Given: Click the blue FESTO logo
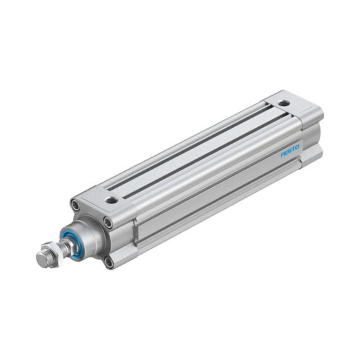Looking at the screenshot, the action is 290,151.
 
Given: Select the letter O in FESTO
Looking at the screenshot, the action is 297,147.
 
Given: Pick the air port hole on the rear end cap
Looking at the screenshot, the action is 284,103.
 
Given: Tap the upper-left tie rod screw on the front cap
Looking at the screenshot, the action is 76,205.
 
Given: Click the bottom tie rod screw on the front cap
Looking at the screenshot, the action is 108,262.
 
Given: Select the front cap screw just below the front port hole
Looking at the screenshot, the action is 108,222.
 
